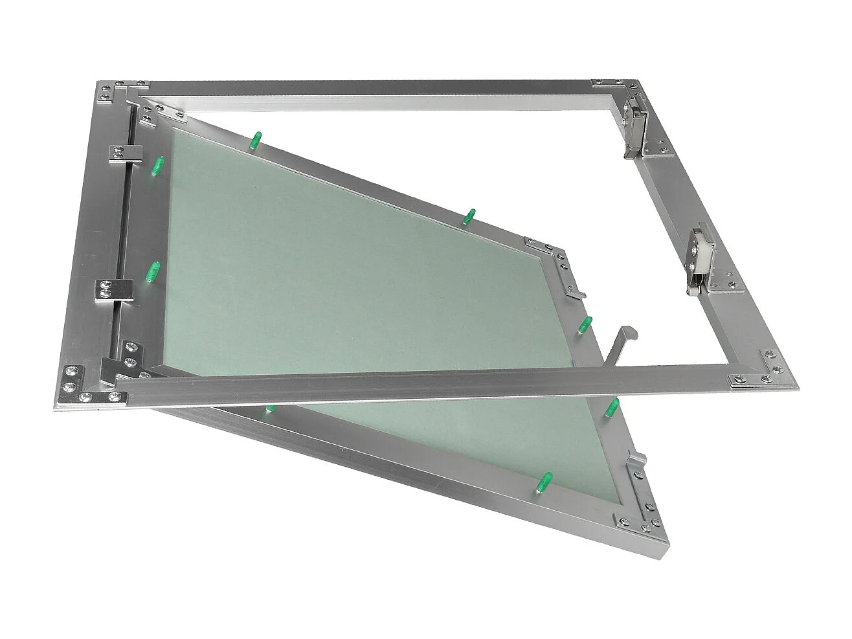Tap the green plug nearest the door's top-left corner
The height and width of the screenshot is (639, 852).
click(x=256, y=139)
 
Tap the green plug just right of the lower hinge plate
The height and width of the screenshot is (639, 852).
click(x=153, y=272)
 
